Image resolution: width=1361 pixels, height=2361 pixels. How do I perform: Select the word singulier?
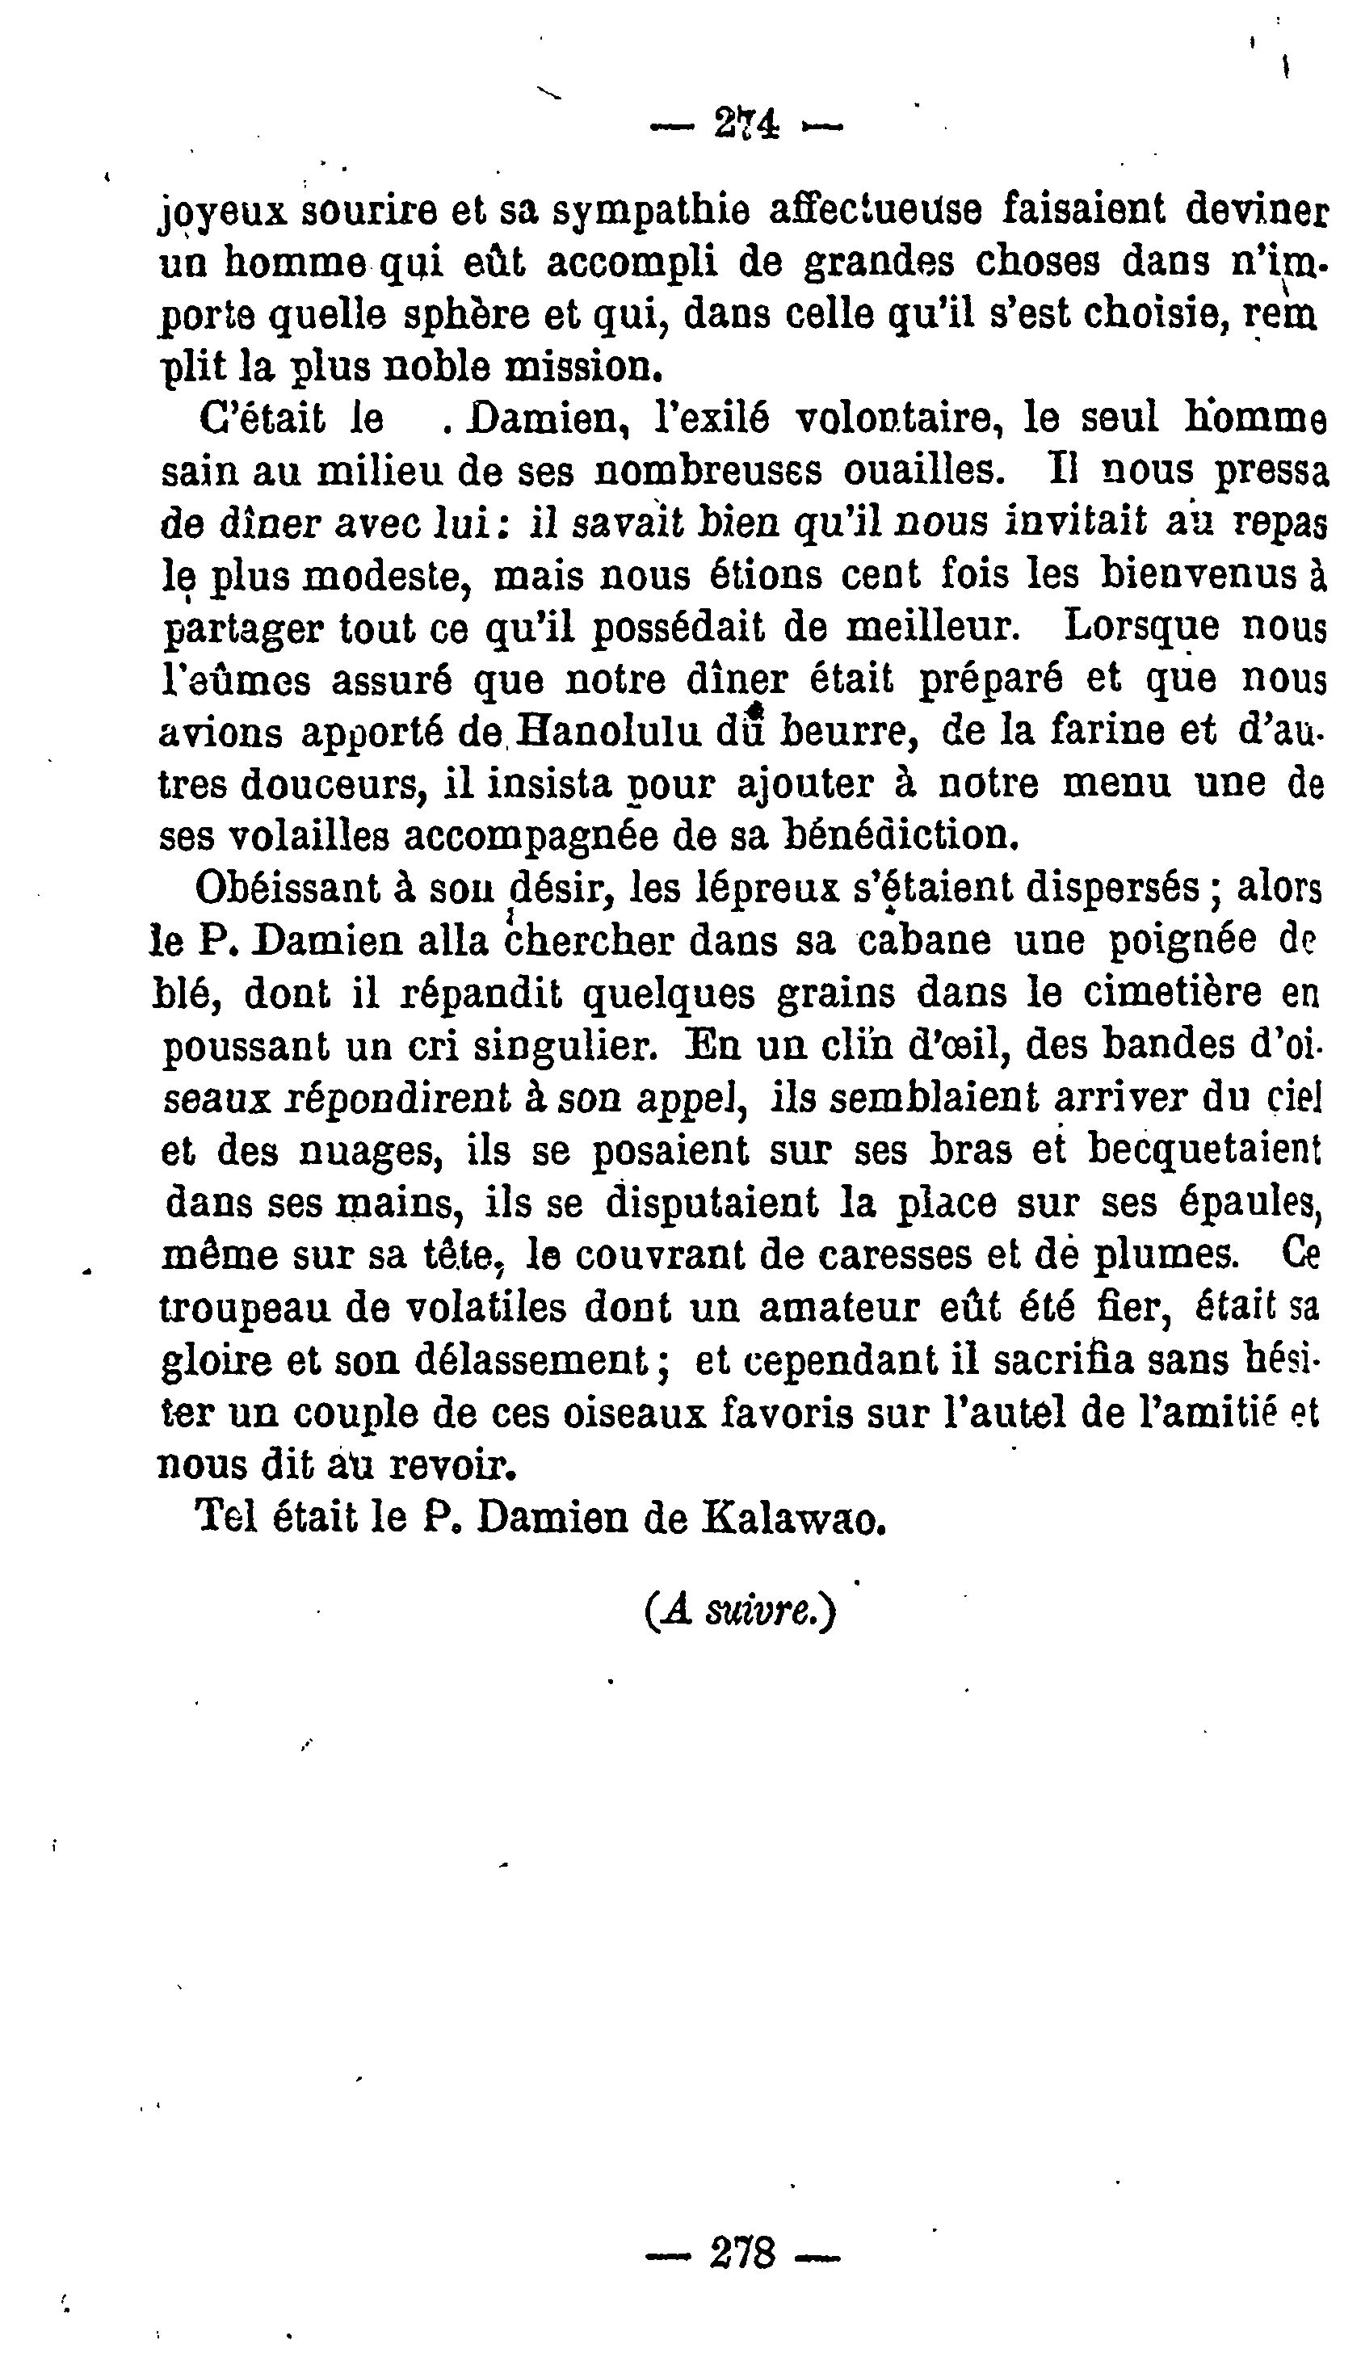pyautogui.click(x=561, y=1048)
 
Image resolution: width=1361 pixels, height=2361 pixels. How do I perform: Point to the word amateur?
pyautogui.click(x=837, y=1308)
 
